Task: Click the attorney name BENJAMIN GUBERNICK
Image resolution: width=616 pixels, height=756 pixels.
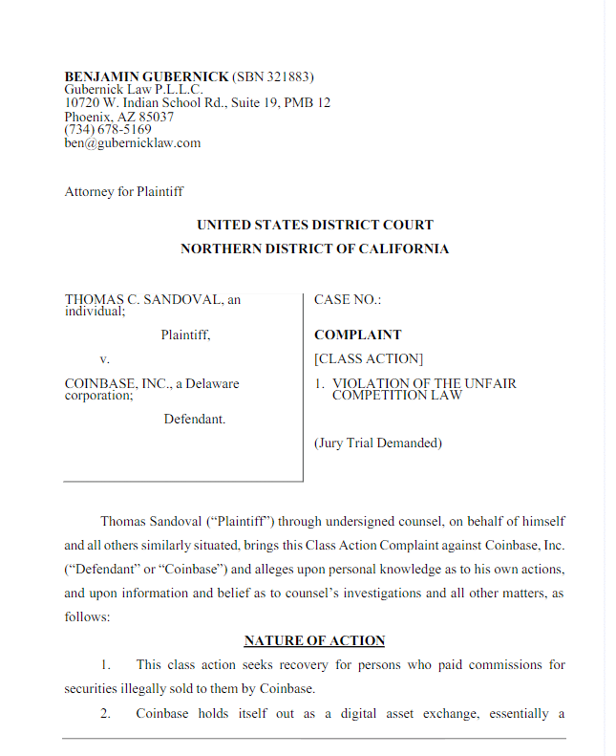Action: tap(146, 76)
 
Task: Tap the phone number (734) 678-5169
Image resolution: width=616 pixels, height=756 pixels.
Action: tap(108, 130)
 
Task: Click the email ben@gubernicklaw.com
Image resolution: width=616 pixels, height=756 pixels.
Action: tap(133, 143)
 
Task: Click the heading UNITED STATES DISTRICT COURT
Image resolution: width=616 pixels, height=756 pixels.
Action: tap(314, 226)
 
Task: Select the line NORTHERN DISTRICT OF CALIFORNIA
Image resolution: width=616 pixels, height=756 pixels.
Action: tap(314, 249)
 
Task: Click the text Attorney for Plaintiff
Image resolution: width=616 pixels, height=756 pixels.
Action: tap(124, 191)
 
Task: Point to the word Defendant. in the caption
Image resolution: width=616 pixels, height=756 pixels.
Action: tap(195, 419)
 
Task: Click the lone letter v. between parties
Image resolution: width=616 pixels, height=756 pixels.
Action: tap(105, 359)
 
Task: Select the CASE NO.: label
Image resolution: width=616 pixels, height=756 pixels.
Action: tap(348, 300)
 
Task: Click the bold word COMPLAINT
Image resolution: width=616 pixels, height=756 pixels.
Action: tap(358, 335)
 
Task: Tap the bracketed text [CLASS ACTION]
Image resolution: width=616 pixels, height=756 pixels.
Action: tap(369, 359)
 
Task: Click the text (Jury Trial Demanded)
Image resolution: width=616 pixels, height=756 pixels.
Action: tap(378, 443)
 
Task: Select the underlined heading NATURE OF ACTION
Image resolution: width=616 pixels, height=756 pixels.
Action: tap(314, 640)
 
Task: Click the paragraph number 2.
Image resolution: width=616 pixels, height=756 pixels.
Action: tap(105, 713)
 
